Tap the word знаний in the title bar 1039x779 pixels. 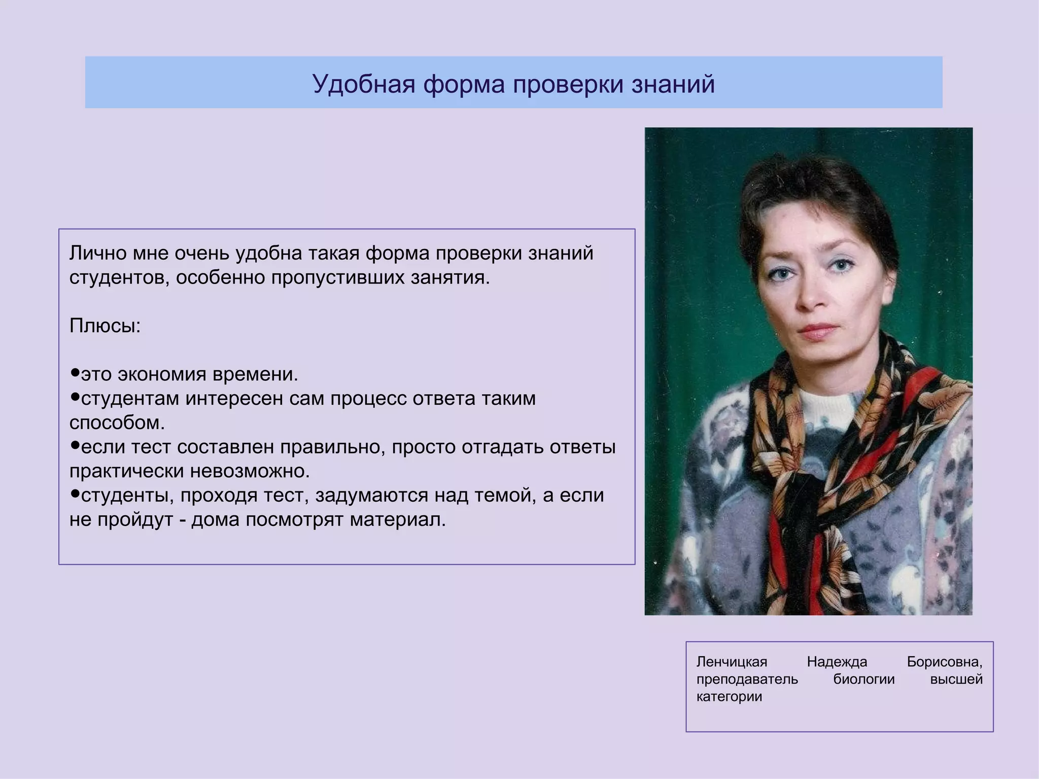pyautogui.click(x=673, y=84)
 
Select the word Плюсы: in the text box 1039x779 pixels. pyautogui.click(x=105, y=326)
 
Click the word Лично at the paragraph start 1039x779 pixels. pyautogui.click(x=98, y=253)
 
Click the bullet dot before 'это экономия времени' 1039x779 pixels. pyautogui.click(x=75, y=373)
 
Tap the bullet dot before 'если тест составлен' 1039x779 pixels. pyautogui.click(x=75, y=446)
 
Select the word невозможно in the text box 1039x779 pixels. pyautogui.click(x=250, y=472)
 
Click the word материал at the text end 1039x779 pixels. pyautogui.click(x=397, y=520)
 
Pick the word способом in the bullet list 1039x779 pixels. pyautogui.click(x=117, y=423)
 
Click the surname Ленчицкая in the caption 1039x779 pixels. pyautogui.click(x=732, y=662)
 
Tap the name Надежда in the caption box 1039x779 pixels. pyautogui.click(x=837, y=662)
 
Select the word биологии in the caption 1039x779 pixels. pyautogui.click(x=864, y=679)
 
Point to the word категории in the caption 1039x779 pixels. pyautogui.click(x=729, y=696)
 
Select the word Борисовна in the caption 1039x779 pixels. pyautogui.click(x=944, y=662)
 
